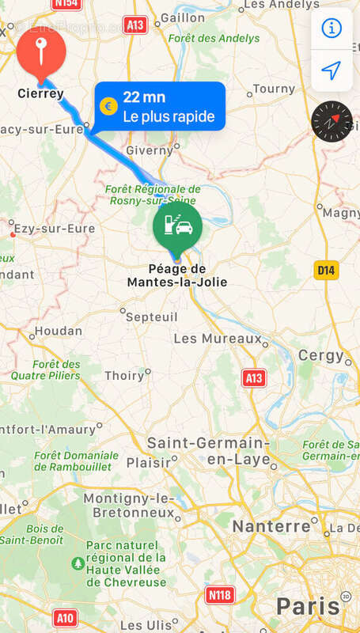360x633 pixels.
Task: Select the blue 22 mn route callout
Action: (160, 106)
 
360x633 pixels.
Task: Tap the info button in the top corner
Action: (331, 28)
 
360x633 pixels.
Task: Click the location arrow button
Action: (331, 70)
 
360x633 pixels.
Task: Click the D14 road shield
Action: (325, 270)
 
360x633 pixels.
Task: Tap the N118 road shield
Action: (220, 593)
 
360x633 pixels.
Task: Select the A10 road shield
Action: (66, 616)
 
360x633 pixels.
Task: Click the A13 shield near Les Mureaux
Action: (254, 378)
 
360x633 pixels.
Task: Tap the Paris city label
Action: (308, 607)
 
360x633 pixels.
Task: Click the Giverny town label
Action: (149, 150)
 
